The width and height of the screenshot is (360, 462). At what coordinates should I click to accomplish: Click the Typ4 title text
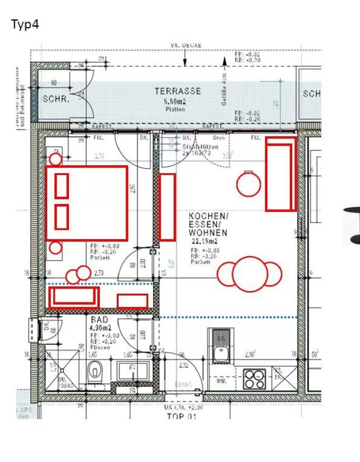[25, 25]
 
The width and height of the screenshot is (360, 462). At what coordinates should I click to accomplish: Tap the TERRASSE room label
[177, 91]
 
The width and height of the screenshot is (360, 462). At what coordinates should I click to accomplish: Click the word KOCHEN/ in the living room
[208, 216]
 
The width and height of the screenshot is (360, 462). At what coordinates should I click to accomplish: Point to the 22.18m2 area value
[205, 240]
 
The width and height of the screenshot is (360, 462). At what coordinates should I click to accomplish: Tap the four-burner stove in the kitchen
[254, 378]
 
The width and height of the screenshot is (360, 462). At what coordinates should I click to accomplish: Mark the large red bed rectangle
[87, 203]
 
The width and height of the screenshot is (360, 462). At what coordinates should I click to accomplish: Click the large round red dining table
[250, 274]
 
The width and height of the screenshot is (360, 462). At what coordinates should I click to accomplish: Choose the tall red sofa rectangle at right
[281, 174]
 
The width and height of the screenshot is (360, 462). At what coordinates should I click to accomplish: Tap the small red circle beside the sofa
[247, 184]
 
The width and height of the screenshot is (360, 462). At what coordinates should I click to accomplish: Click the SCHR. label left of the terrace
[56, 99]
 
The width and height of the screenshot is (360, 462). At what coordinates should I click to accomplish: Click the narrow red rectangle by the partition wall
[167, 207]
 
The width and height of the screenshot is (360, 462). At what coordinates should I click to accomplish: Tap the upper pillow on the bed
[61, 185]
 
